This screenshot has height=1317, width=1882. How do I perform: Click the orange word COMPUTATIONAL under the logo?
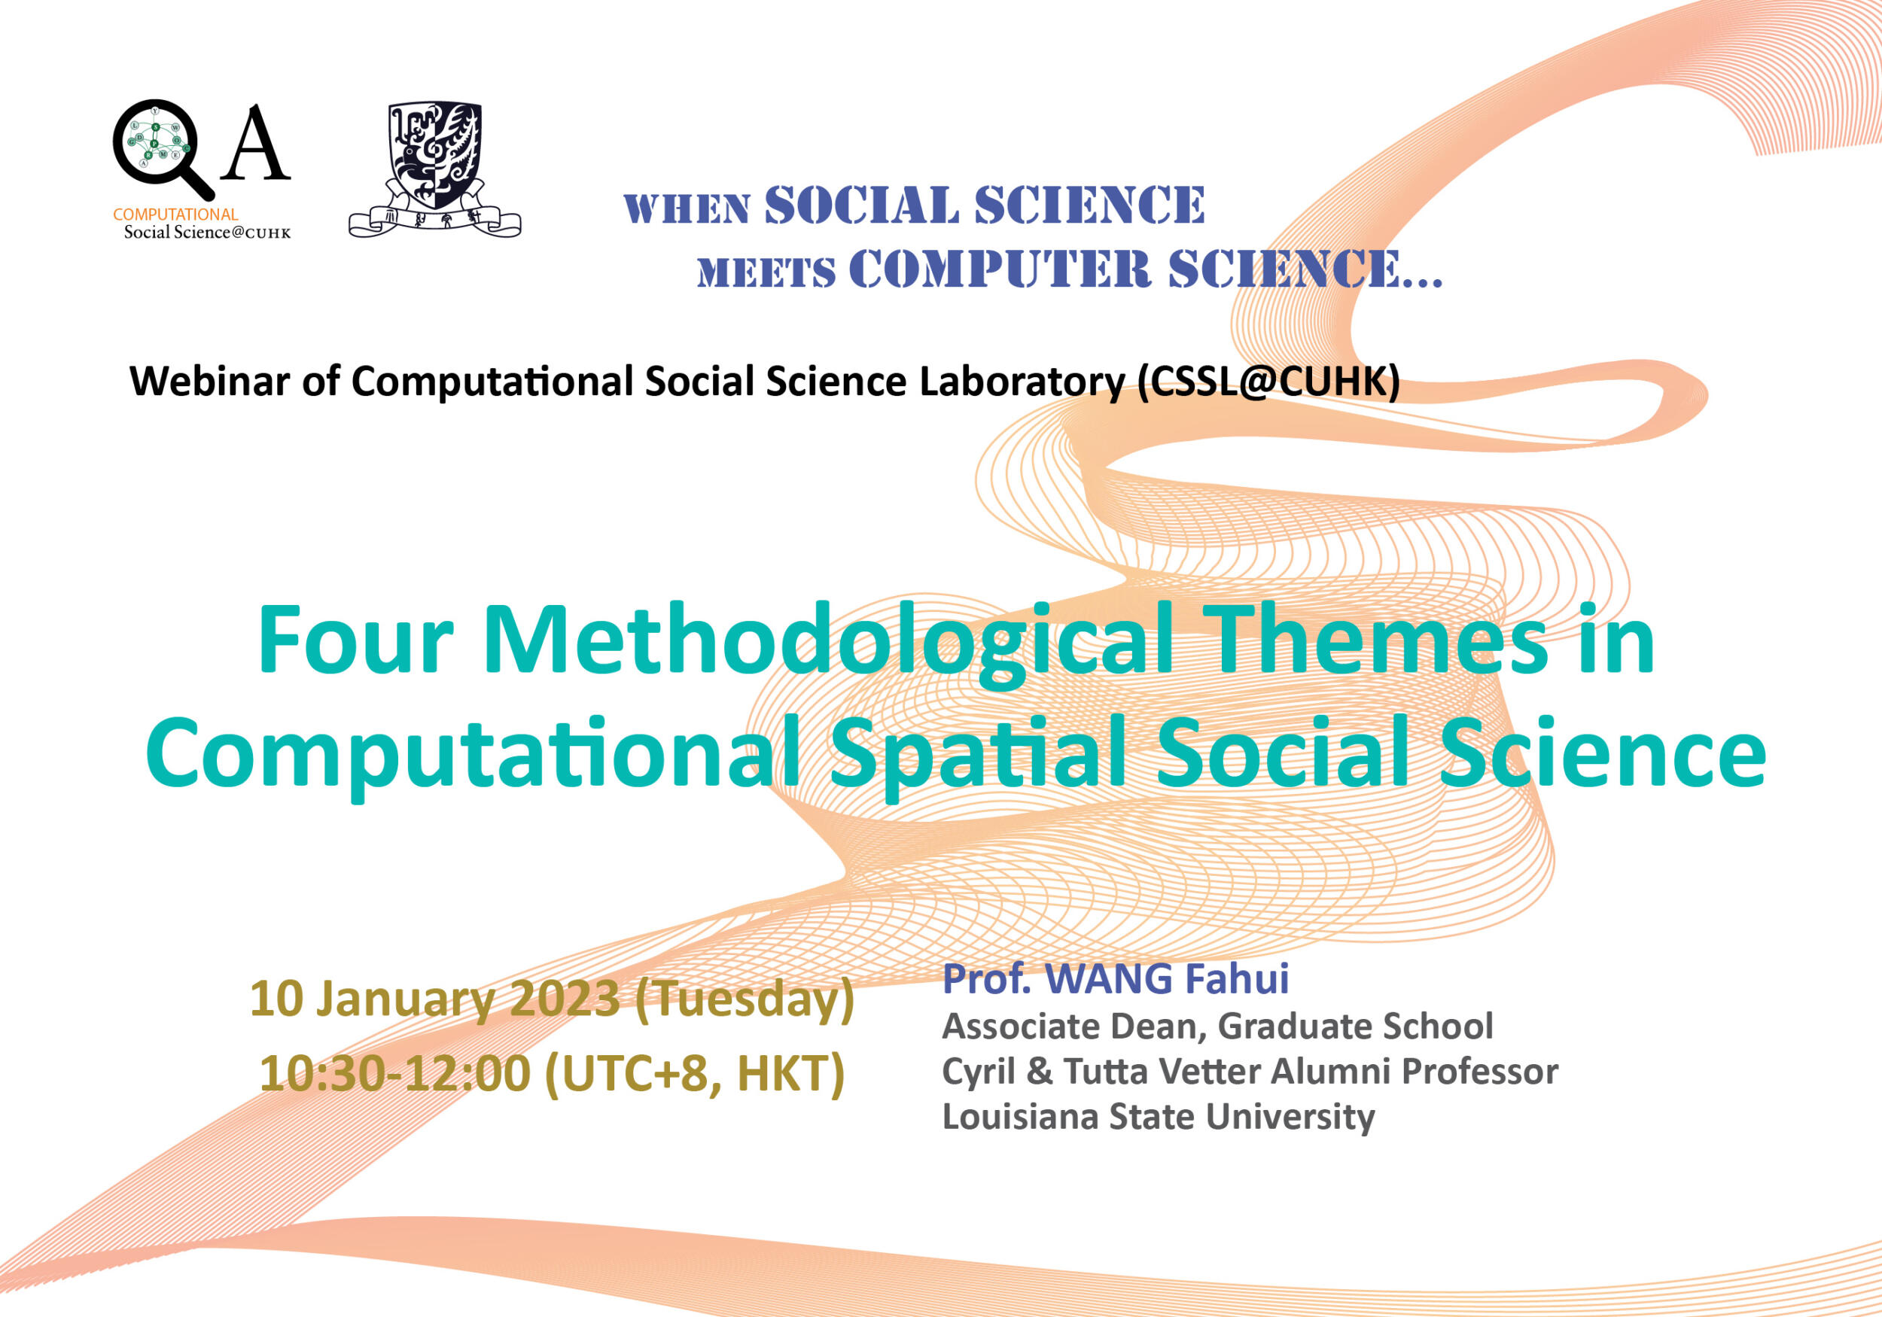pos(175,214)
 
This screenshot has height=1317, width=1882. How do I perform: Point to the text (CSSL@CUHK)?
pos(1268,382)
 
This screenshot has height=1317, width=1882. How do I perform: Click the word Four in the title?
pos(355,640)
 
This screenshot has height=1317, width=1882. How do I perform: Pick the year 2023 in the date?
pos(565,999)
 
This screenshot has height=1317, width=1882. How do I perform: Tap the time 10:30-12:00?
pos(394,1074)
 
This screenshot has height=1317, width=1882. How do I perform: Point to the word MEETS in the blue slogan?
pos(766,273)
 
